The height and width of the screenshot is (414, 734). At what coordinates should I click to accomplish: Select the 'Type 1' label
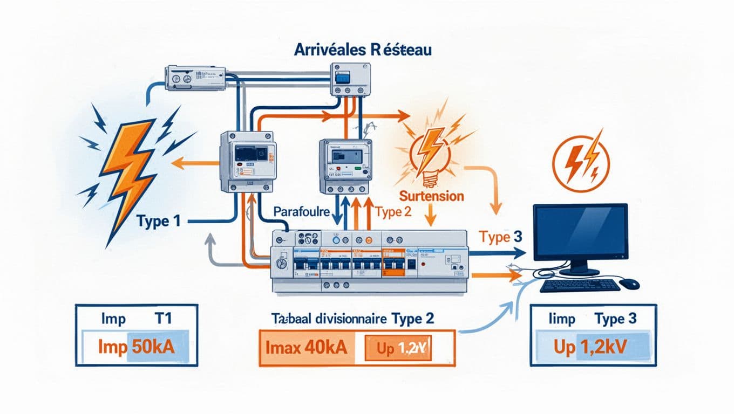[x=158, y=221]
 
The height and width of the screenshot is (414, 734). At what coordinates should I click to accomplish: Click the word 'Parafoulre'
[x=301, y=211]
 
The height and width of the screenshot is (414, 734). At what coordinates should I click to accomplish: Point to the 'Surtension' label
[x=431, y=195]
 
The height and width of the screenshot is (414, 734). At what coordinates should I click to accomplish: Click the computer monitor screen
[x=580, y=232]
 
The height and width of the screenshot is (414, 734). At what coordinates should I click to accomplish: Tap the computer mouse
[x=630, y=283]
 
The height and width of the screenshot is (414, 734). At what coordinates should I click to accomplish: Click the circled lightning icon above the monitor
[x=581, y=161]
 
